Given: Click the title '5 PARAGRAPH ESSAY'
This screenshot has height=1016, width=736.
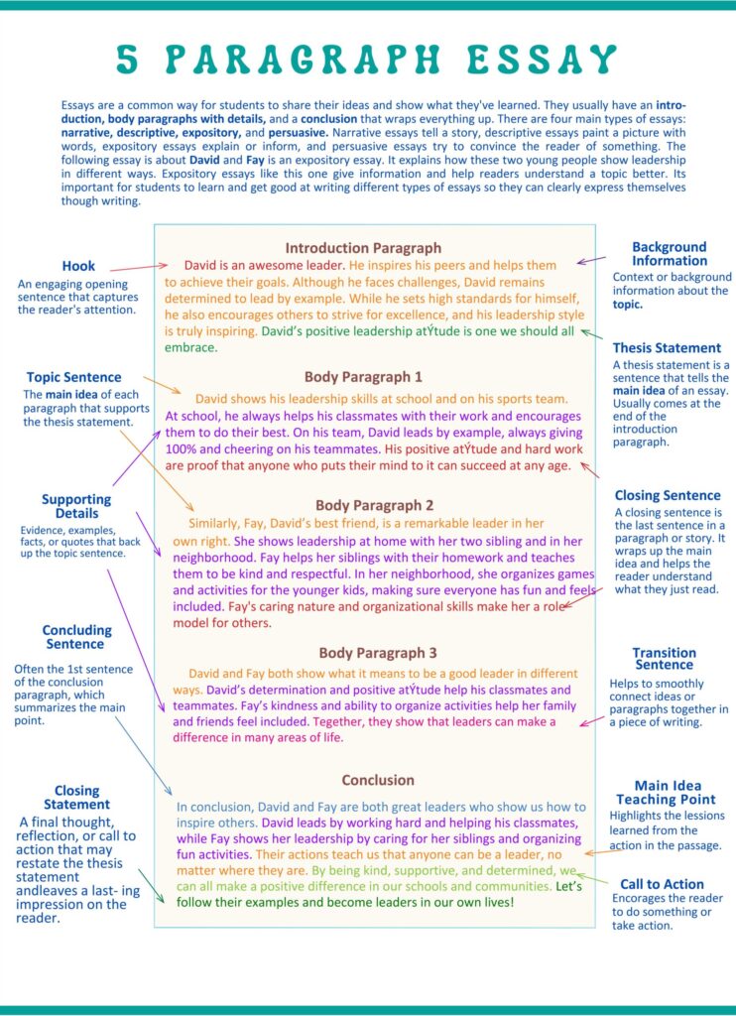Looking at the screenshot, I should [367, 61].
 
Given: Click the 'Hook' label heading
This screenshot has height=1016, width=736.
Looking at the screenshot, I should [78, 266].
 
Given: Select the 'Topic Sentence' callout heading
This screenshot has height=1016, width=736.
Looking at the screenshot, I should [74, 377].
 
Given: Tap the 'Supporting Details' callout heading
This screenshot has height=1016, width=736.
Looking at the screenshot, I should [76, 506].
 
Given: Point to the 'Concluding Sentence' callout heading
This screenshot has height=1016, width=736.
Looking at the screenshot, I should [76, 637].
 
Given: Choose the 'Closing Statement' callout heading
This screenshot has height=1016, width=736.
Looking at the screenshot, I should [76, 797].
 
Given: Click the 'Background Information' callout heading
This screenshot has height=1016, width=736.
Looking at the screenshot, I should [670, 254].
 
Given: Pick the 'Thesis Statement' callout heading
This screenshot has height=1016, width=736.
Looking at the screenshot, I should [667, 348].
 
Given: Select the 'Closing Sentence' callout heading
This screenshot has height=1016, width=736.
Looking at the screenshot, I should [668, 495].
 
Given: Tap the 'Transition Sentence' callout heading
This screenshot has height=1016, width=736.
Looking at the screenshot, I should [665, 659].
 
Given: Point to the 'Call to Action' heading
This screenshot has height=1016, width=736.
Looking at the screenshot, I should [662, 884].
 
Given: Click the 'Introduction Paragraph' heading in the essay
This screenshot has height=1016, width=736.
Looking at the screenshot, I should [363, 248].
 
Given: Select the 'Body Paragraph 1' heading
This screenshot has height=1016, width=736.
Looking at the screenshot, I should [363, 377].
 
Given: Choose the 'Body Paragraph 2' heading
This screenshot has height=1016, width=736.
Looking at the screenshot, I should [375, 505].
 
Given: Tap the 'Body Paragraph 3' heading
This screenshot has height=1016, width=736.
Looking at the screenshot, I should [378, 653].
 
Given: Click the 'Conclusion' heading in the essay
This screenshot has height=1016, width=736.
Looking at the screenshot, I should [378, 780].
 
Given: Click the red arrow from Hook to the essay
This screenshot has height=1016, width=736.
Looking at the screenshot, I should [138, 268].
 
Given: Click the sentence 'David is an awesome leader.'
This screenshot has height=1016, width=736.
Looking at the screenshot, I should [264, 266].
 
